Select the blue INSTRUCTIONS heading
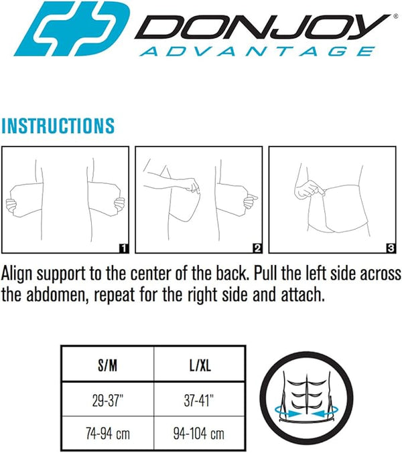point(58,125)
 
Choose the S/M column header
point(107,367)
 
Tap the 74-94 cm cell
point(107,434)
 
